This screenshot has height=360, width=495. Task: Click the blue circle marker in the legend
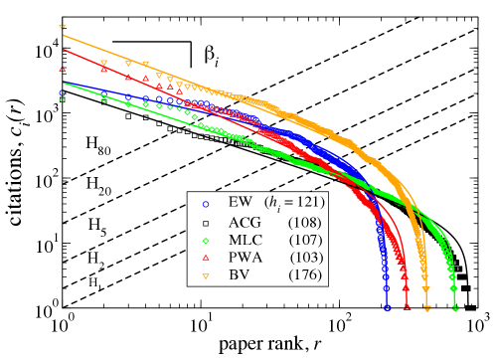pyautogui.click(x=205, y=204)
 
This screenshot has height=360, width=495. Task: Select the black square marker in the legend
pyautogui.click(x=205, y=222)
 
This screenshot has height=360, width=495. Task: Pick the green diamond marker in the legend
pyautogui.click(x=205, y=240)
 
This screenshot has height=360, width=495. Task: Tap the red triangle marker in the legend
pyautogui.click(x=205, y=258)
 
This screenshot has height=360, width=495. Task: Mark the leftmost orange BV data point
pyautogui.click(x=62, y=28)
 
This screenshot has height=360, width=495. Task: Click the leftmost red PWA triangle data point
pyautogui.click(x=62, y=69)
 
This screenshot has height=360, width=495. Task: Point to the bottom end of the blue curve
pyautogui.click(x=386, y=307)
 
